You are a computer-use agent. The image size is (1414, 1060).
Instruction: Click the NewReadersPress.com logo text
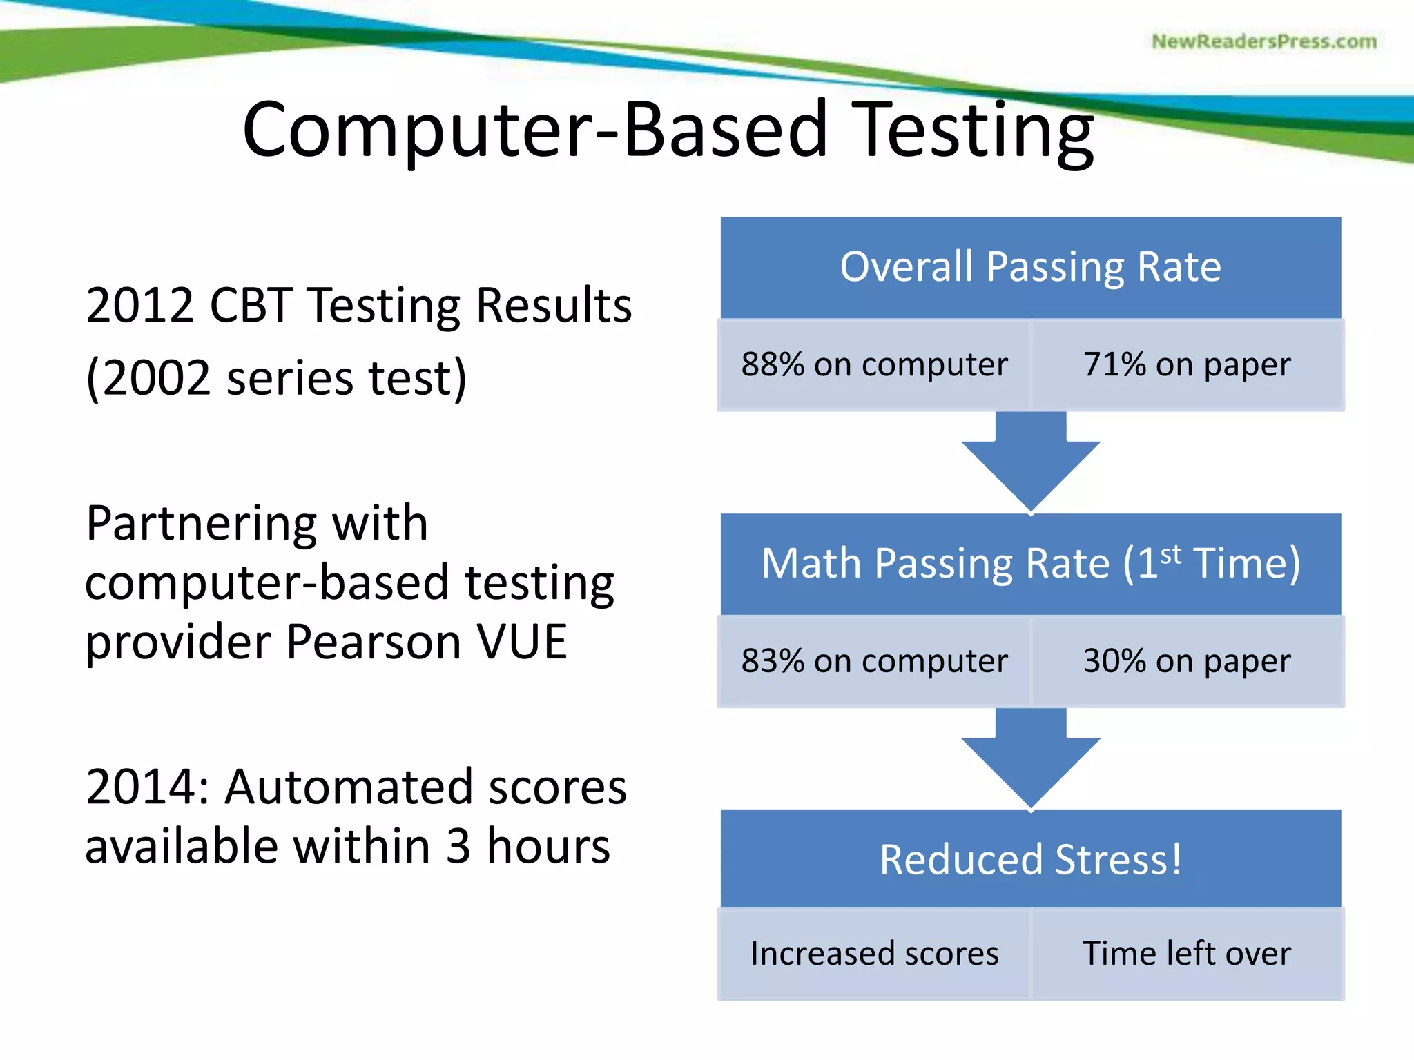tap(1263, 41)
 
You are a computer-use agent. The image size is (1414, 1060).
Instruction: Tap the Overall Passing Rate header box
tap(1030, 267)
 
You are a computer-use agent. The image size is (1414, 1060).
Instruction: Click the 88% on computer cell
tap(874, 364)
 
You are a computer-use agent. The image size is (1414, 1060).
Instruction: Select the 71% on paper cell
tap(1186, 364)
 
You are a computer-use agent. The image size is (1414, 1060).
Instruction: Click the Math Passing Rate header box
tap(1030, 563)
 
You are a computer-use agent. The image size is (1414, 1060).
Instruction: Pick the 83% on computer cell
tap(874, 661)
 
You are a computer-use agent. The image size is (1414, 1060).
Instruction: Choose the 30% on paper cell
tap(1186, 661)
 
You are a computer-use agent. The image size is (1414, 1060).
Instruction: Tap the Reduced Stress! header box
tap(1030, 860)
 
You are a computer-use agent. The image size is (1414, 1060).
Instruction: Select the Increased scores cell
tap(874, 954)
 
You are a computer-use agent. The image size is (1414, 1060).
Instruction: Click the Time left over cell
tap(1186, 954)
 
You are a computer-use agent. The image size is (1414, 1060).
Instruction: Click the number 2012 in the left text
tap(140, 306)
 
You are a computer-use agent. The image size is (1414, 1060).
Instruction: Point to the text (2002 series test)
tap(276, 378)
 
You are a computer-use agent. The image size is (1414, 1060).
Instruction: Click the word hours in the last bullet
tap(548, 847)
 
